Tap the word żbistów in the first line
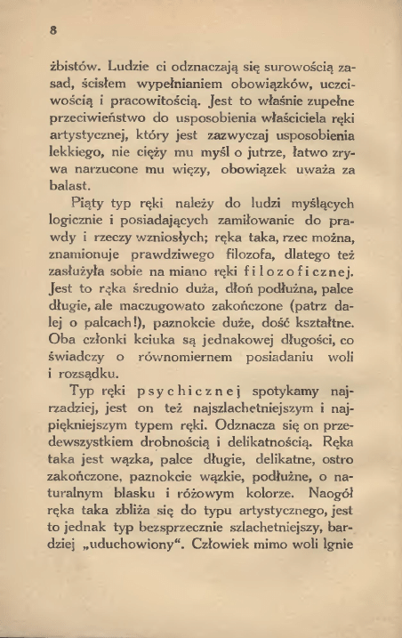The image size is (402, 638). pos(74,68)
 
